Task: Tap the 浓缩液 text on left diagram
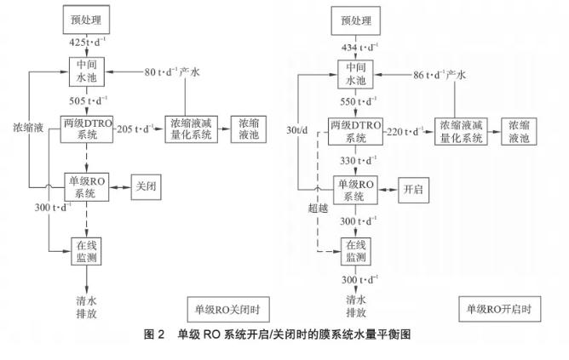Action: (28, 129)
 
